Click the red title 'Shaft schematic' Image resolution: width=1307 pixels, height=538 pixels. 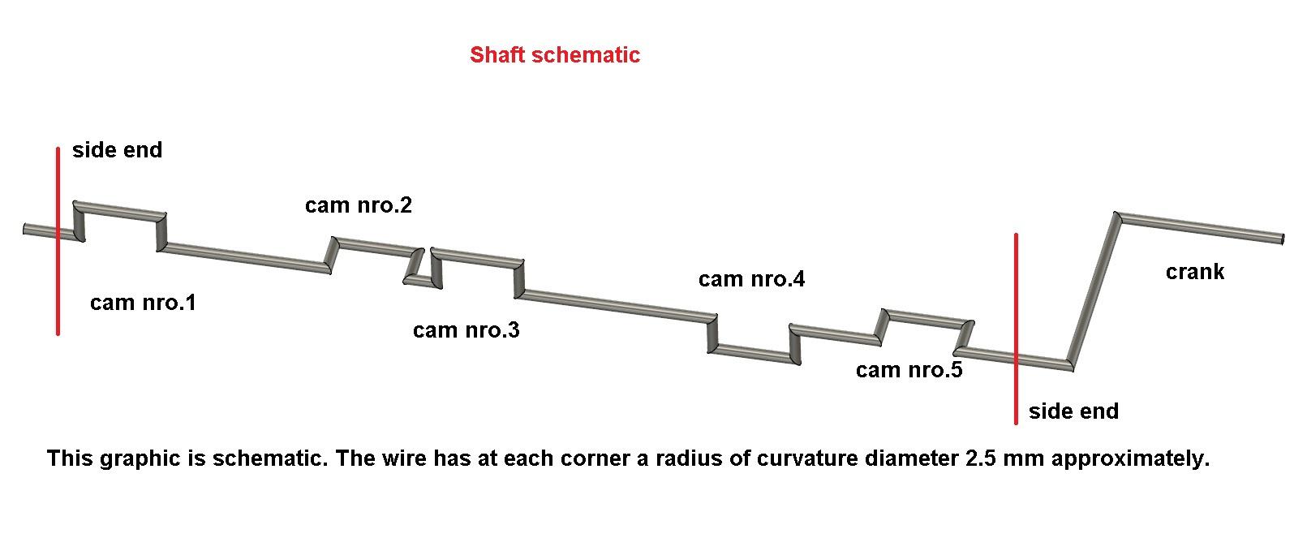(555, 55)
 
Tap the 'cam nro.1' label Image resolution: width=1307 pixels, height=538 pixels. (143, 303)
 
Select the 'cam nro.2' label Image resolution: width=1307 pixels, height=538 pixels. (358, 205)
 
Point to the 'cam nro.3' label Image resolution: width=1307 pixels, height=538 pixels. (466, 330)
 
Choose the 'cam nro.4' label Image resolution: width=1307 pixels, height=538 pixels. (751, 280)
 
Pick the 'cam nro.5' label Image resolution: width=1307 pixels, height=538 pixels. (909, 371)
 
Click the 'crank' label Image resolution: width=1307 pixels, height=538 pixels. (1194, 272)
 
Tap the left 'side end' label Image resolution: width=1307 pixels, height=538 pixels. (117, 150)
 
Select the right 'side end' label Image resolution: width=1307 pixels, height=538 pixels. (1073, 411)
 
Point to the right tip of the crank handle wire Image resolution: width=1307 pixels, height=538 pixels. (1282, 239)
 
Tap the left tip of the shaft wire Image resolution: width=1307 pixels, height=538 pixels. (26, 230)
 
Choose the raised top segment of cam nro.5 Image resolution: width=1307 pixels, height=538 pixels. (925, 318)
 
